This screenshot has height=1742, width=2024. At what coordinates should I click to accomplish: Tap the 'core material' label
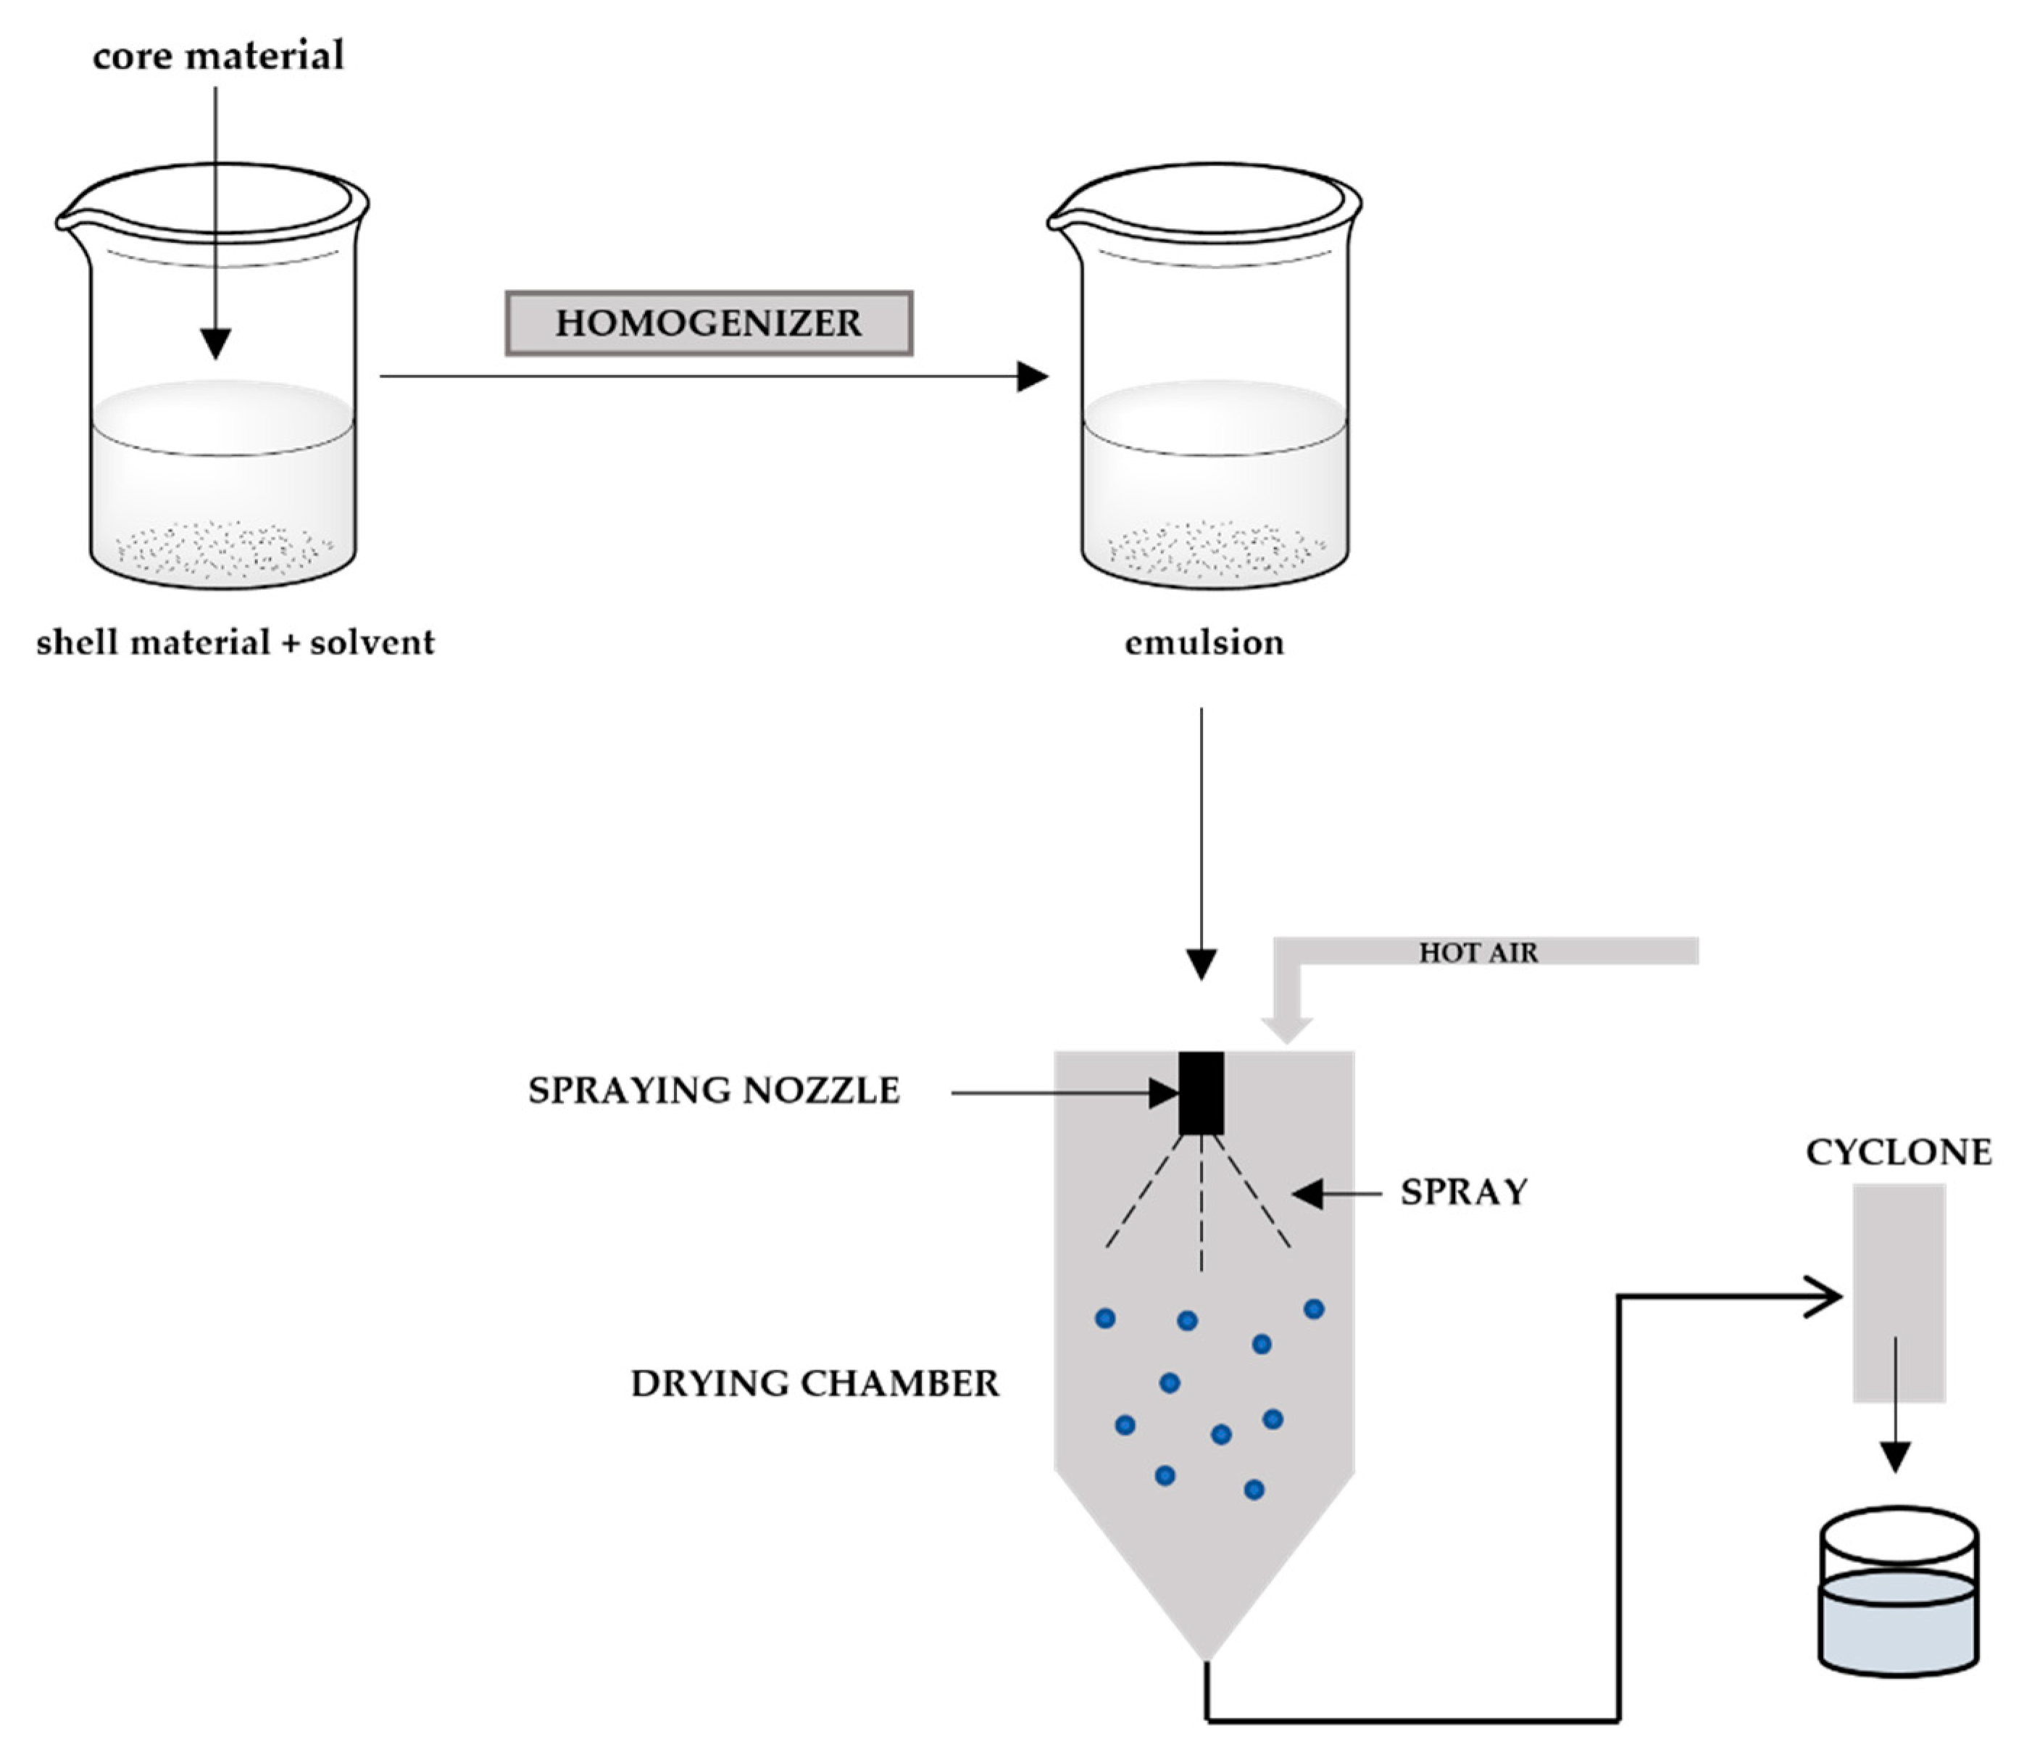click(218, 56)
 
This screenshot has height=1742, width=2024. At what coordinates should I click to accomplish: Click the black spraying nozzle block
click(1201, 1093)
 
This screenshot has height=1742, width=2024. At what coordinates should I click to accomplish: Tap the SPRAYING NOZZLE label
click(713, 1090)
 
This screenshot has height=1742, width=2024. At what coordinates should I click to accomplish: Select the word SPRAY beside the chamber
click(1463, 1192)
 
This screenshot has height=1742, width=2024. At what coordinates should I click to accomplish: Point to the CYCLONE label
click(1898, 1153)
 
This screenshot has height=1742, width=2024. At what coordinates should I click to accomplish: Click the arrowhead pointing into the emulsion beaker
click(1033, 376)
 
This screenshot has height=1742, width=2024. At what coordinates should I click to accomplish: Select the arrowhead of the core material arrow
click(216, 344)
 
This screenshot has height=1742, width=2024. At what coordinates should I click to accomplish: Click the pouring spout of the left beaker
click(65, 223)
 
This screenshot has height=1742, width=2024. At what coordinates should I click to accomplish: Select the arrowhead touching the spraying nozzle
click(1165, 1093)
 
